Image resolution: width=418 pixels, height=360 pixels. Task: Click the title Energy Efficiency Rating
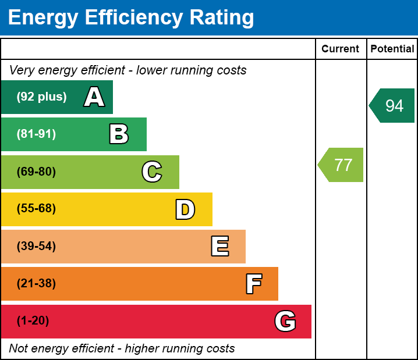pos(131,18)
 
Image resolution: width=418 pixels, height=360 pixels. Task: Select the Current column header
pos(341,49)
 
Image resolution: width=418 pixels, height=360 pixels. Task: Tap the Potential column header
pos(392,49)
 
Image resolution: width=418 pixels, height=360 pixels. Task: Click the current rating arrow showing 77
pos(342,165)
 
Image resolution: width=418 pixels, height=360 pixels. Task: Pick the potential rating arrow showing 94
pos(393,106)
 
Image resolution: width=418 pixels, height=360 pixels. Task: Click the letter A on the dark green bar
pos(94,97)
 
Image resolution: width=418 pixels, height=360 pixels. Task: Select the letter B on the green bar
pos(119,134)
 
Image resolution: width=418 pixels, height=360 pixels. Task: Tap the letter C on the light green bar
pos(152,172)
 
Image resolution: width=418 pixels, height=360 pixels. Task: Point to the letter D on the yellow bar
pos(185,209)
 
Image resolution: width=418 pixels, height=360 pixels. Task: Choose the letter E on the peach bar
pos(219,247)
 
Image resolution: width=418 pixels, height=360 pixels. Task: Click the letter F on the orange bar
pos(253,284)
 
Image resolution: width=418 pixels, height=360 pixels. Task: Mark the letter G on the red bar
pos(285,321)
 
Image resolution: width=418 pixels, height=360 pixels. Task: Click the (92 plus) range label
pos(41,97)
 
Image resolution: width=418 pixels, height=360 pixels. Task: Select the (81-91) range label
pos(36,134)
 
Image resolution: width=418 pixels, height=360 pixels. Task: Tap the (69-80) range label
pos(36,172)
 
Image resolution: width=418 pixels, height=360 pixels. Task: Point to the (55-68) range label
pos(36,209)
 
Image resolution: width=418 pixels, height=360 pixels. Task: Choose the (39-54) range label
pos(36,247)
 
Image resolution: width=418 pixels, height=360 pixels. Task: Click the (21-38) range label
pos(36,284)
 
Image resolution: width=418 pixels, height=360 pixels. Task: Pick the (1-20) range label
pos(33,321)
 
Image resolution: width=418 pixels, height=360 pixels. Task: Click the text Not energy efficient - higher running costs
pos(122,349)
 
